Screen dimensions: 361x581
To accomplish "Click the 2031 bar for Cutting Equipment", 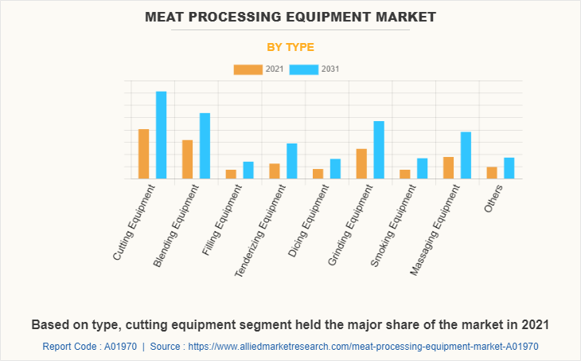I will (161, 135).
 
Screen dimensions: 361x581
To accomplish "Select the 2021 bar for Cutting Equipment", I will (144, 154).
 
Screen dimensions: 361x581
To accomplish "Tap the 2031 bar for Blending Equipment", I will (205, 146).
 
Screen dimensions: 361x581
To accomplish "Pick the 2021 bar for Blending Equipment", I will (188, 159).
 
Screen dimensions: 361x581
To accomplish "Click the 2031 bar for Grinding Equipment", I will (379, 150).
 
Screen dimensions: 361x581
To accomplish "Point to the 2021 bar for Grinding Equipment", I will (361, 163).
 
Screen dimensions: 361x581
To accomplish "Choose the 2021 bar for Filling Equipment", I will (231, 174).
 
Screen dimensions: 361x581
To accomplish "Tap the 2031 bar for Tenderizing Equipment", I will (292, 161).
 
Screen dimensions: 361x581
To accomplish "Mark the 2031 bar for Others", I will (509, 168).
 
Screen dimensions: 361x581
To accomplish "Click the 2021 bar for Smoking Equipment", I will (405, 174).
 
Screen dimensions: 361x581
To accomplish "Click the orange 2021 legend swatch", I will (248, 69).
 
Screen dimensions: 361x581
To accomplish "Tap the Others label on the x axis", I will (493, 198).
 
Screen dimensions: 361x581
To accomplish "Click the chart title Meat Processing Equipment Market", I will (290, 16).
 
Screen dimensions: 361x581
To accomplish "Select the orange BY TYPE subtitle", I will (290, 47).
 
